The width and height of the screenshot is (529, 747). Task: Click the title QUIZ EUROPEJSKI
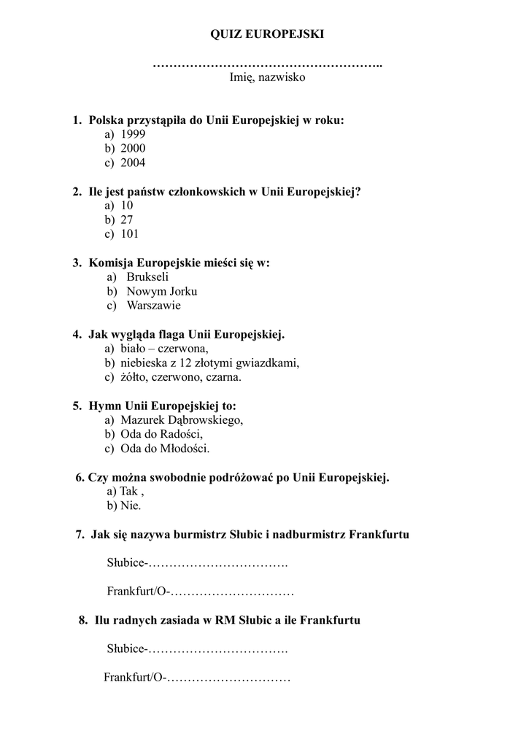267,34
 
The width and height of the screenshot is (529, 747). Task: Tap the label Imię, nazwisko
267,77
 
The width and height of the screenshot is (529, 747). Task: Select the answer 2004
133,163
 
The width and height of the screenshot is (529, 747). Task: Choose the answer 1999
133,134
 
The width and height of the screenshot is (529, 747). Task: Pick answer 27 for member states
127,220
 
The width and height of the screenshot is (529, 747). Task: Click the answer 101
129,234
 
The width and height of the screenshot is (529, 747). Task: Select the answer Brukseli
147,276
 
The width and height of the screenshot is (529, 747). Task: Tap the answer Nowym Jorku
162,291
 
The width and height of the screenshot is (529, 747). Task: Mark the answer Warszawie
153,306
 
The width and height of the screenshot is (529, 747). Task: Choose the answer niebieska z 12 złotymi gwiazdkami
210,363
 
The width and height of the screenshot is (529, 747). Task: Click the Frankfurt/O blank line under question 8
230,678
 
